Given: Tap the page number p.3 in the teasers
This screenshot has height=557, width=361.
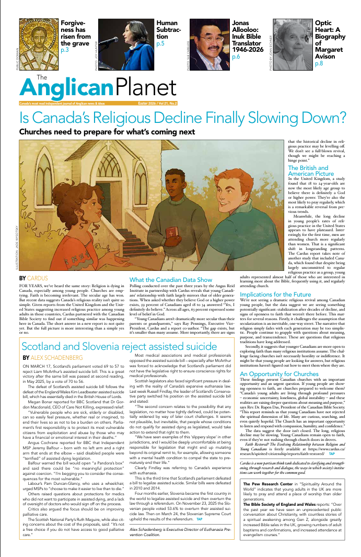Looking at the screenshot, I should tap(65, 50).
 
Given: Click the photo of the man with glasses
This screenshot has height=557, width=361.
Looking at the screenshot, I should tap(208, 42).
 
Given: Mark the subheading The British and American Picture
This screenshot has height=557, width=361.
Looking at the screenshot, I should tap(311, 170).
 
